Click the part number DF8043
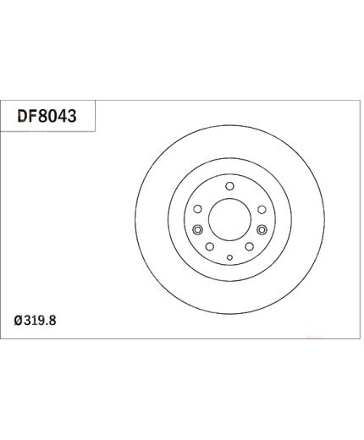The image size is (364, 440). coord(47,116)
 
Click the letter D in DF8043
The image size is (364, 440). coord(22,116)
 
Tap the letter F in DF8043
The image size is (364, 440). coord(32,116)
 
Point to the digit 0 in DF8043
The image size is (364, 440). coord(52,116)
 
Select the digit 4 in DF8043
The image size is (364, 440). coord(62,116)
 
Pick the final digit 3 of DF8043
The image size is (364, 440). coord(72,116)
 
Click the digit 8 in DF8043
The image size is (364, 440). coord(42,116)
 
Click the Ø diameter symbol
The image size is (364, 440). coord(19,321)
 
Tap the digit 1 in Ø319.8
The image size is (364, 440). coord(34,321)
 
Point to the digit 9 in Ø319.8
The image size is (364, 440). coord(41,321)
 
